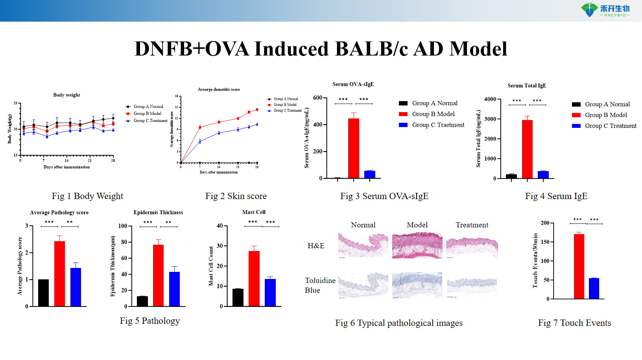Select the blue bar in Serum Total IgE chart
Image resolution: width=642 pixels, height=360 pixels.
point(543,175)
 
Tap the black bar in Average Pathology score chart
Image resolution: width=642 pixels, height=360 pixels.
point(43,293)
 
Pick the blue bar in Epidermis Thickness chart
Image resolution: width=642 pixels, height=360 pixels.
point(174,289)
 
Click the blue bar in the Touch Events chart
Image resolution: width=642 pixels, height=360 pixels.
point(594,288)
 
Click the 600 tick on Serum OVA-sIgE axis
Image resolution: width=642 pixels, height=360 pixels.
point(318,98)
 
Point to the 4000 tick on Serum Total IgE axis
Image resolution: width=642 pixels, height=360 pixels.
point(490,99)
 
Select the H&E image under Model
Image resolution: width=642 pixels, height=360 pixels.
point(417,246)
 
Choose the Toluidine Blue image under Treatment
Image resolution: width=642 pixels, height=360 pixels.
point(472,285)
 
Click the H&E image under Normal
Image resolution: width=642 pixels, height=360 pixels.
point(363,246)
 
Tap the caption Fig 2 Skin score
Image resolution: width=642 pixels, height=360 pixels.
point(236,196)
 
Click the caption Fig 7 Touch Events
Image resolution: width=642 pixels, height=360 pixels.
point(574,323)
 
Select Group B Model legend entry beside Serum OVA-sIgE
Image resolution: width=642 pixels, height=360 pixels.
point(433,114)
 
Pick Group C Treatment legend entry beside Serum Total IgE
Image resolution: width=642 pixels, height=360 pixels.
point(610,126)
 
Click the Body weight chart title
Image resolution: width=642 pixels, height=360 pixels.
point(66,95)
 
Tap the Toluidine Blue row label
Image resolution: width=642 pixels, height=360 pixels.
point(320,285)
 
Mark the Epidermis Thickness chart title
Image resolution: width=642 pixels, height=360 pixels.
point(158,212)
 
